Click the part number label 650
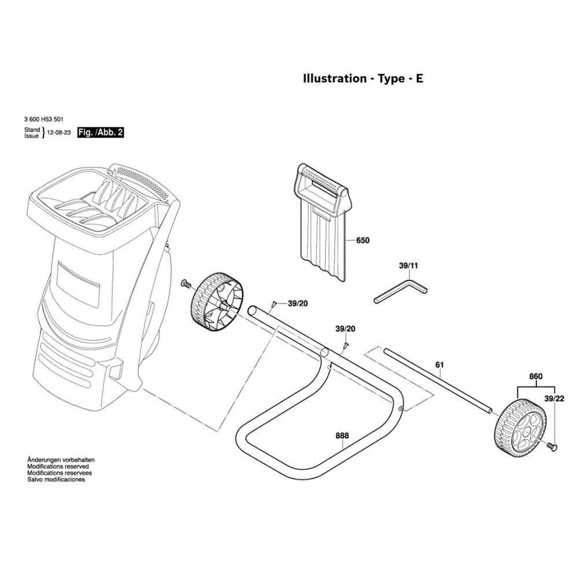[x=362, y=240]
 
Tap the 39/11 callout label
[x=408, y=266]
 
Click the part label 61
[x=439, y=365]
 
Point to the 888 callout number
[x=343, y=436]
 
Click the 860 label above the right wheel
[x=536, y=377]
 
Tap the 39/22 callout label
[x=554, y=399]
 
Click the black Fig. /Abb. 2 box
[x=101, y=132]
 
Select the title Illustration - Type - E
[x=363, y=79]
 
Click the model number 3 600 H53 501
[x=44, y=120]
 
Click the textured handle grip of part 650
[x=321, y=177]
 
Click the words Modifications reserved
[x=58, y=466]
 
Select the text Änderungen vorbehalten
[x=61, y=459]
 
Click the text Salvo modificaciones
[x=56, y=479]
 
